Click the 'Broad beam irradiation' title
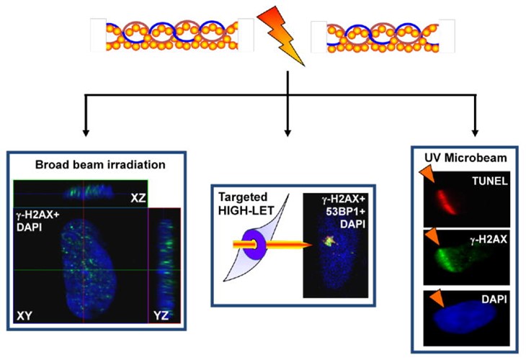pyautogui.click(x=100, y=165)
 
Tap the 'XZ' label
pyautogui.click(x=138, y=198)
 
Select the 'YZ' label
pyautogui.click(x=161, y=315)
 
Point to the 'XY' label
pyautogui.click(x=24, y=316)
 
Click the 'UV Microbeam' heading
pyautogui.click(x=465, y=158)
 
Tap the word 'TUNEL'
pyautogui.click(x=490, y=181)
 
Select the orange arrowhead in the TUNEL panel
pyautogui.click(x=428, y=174)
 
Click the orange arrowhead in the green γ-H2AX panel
pyautogui.click(x=433, y=237)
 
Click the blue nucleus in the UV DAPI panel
pyautogui.click(x=465, y=317)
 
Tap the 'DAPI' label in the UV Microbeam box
pyautogui.click(x=494, y=299)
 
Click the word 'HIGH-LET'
pyautogui.click(x=246, y=210)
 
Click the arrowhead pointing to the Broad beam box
pyautogui.click(x=86, y=132)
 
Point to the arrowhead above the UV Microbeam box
pyautogui.click(x=475, y=132)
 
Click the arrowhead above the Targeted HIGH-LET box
pyautogui.click(x=287, y=132)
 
